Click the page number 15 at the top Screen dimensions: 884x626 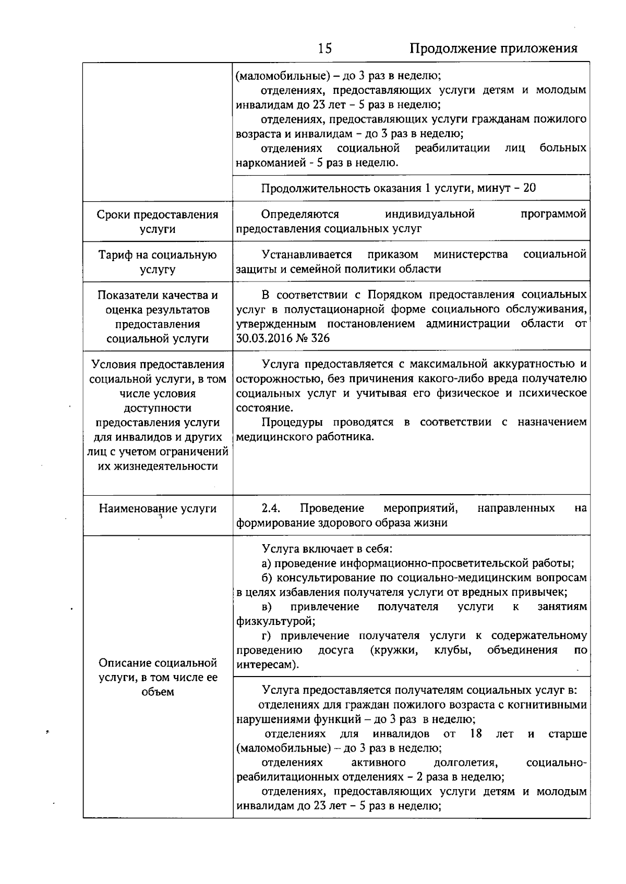pos(324,48)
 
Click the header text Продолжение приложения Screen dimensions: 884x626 pos(493,48)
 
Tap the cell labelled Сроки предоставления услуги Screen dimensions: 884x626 pos(158,222)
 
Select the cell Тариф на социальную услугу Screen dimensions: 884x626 pos(158,262)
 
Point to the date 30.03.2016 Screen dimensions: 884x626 pos(263,338)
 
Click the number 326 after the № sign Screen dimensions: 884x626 pos(320,338)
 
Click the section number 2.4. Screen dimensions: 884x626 pos(271,508)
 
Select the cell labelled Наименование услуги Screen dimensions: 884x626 pos(158,509)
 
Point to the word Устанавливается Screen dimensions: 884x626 pos(307,254)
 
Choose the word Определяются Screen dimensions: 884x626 pos(300,214)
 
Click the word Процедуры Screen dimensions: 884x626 pos(292,422)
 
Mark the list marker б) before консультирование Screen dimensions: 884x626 pos(267,578)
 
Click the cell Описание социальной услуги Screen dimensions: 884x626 pos(158,677)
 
